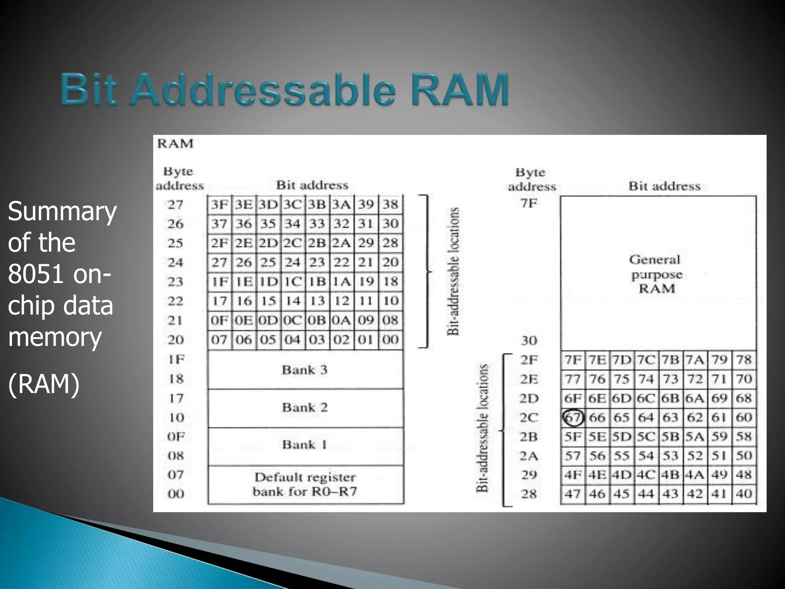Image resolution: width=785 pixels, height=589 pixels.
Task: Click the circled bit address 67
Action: coord(573,417)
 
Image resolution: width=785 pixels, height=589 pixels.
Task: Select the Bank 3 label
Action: coord(305,370)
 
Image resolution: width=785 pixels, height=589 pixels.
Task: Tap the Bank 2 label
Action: coord(305,407)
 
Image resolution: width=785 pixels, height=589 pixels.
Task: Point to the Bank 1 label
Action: coord(305,445)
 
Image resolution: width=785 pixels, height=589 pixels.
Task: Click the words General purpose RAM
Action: coord(656,274)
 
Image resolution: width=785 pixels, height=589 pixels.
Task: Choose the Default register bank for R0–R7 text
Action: coord(305,484)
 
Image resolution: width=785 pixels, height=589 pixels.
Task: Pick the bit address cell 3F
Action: coord(220,205)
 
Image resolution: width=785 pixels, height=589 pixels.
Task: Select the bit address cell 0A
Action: coord(341,320)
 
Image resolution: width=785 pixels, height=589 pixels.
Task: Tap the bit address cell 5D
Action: coord(621,436)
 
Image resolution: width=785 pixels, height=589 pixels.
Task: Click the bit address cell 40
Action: coord(744,494)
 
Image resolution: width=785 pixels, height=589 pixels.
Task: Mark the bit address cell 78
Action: coord(744,360)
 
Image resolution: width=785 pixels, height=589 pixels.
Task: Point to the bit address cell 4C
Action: coord(646,475)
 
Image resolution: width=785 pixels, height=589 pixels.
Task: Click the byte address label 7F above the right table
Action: coord(529,203)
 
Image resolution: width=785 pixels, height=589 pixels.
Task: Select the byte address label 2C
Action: coord(529,417)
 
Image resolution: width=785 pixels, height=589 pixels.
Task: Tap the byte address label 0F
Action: coord(176,436)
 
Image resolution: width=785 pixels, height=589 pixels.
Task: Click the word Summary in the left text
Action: coord(62,211)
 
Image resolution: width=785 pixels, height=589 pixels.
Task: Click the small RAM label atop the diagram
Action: coord(175,143)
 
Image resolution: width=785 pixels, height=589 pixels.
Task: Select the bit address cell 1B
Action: coord(317,281)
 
